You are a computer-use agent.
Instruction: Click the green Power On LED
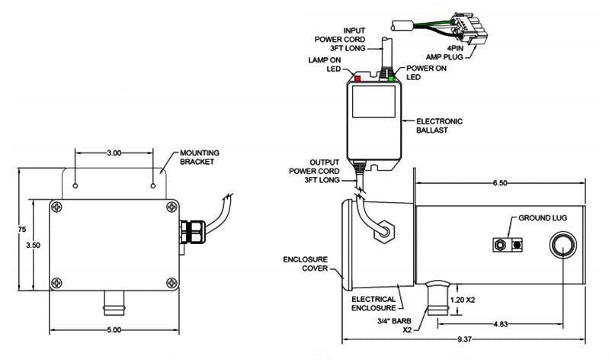391,78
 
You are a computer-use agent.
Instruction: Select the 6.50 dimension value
500,184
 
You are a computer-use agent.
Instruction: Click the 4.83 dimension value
500,323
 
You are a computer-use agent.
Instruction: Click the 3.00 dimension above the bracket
114,153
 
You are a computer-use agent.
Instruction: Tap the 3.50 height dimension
33,246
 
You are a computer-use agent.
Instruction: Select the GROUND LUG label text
545,217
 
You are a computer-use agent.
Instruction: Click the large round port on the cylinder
563,246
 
